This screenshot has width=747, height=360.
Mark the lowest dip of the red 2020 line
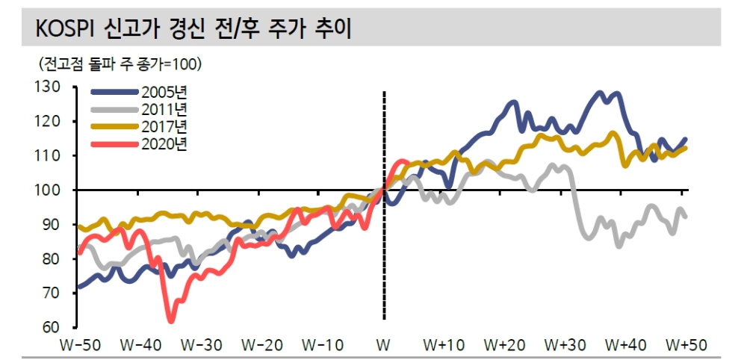click(x=171, y=321)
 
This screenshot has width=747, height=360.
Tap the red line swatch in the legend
click(x=115, y=144)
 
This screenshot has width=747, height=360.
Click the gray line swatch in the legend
click(x=115, y=110)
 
